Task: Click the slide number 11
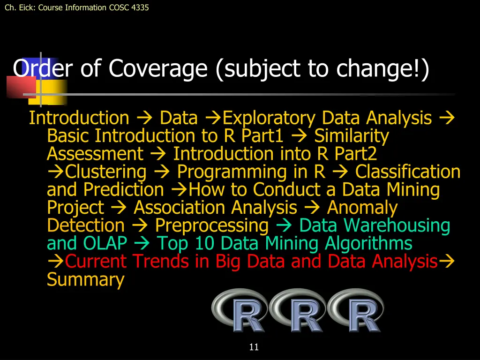pos(254,347)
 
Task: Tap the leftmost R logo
pos(240,310)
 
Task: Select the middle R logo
pos(298,310)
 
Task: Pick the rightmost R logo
pos(356,310)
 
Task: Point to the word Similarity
pos(352,136)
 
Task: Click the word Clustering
pos(106,172)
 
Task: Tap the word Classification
pos(408,172)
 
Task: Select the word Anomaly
pos(362,208)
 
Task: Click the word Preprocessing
pos(212,225)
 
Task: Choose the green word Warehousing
pos(397,225)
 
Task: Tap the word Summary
pos(86,279)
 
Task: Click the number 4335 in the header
pos(139,7)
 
